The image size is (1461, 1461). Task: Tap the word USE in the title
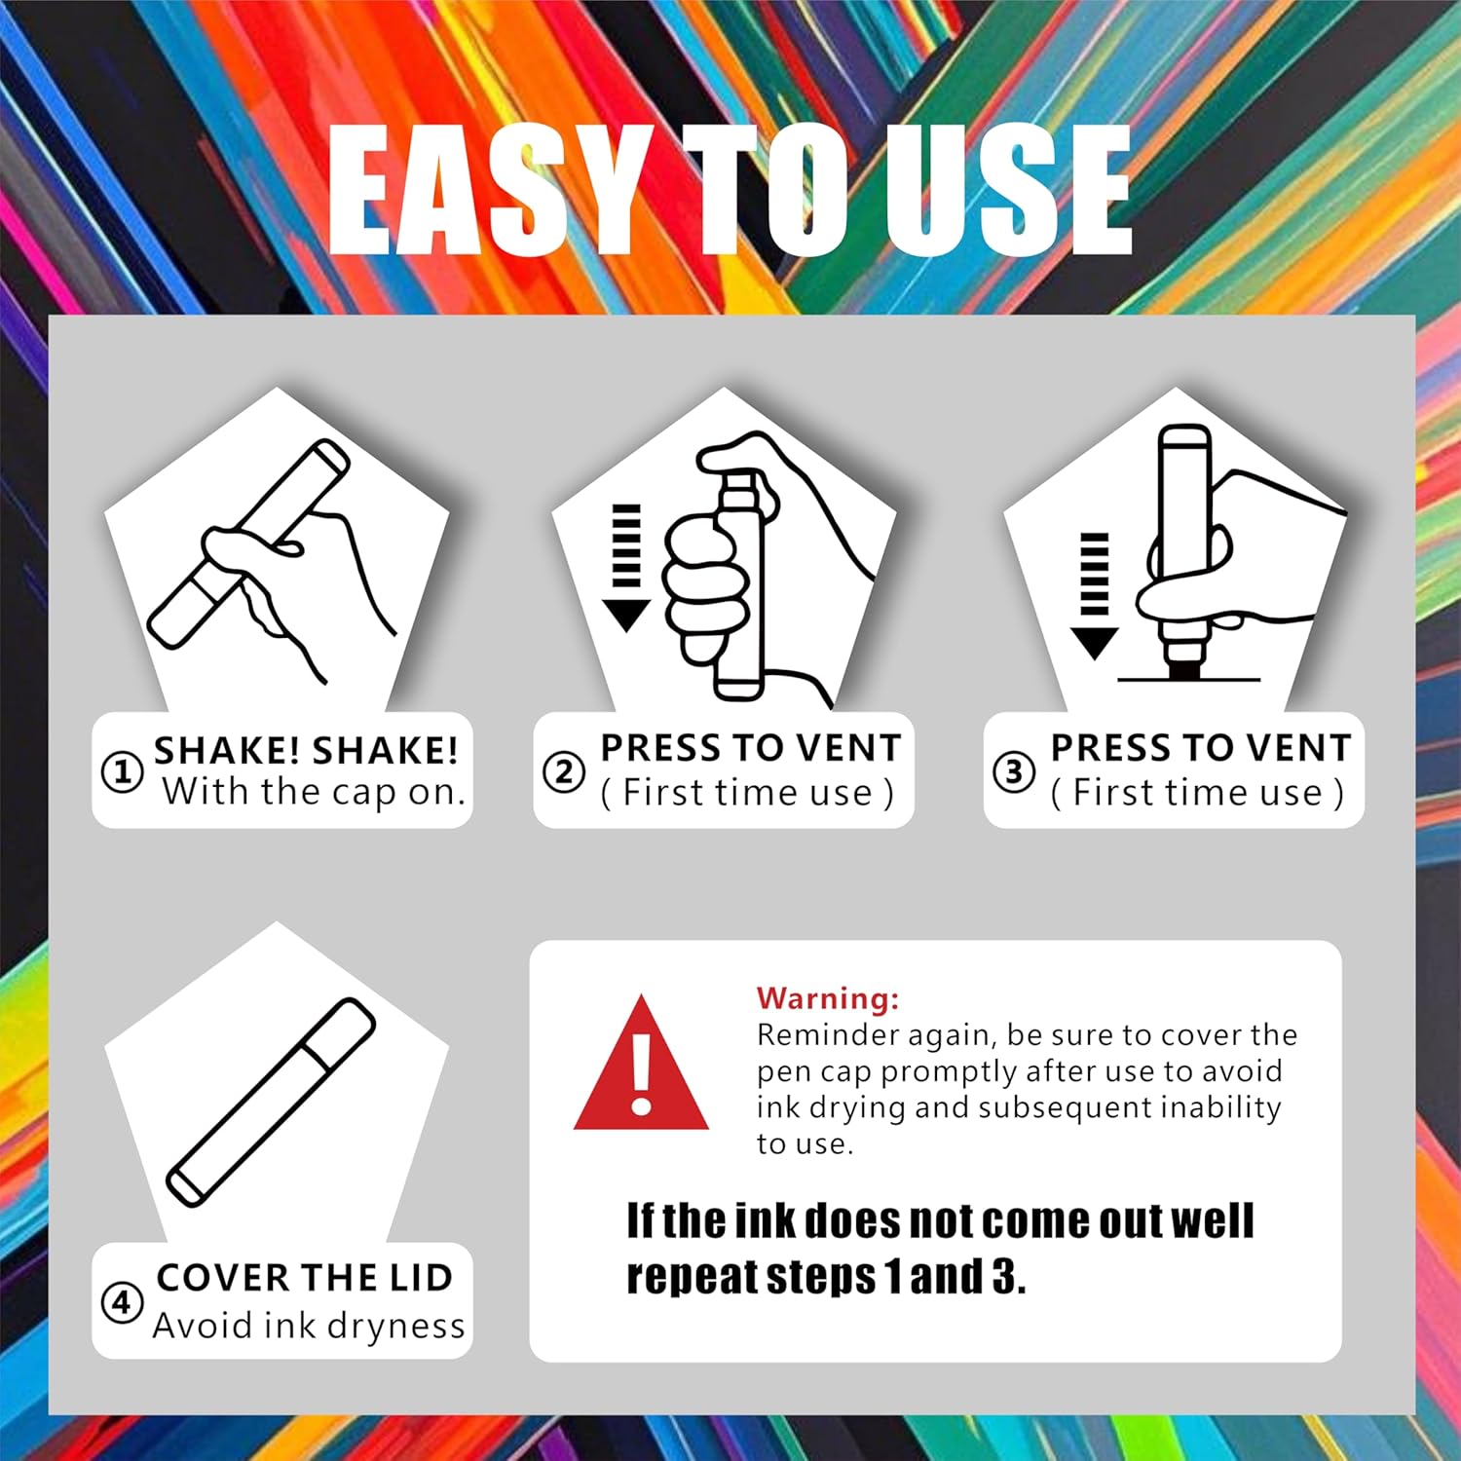pos(1008,190)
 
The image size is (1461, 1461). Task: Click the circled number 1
pos(123,772)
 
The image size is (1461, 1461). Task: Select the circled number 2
pos(564,772)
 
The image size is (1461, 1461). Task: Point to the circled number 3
pos(1014,772)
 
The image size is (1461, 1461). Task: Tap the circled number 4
pos(122,1302)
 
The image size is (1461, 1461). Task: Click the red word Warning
pos(828,998)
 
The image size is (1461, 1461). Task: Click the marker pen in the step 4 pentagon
pos(271,1102)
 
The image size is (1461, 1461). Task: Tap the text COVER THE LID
pos(305,1277)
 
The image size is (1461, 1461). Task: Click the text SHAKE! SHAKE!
pos(306,750)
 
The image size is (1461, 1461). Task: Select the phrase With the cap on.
pos(314,792)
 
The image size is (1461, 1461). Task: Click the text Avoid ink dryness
pos(309,1326)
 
